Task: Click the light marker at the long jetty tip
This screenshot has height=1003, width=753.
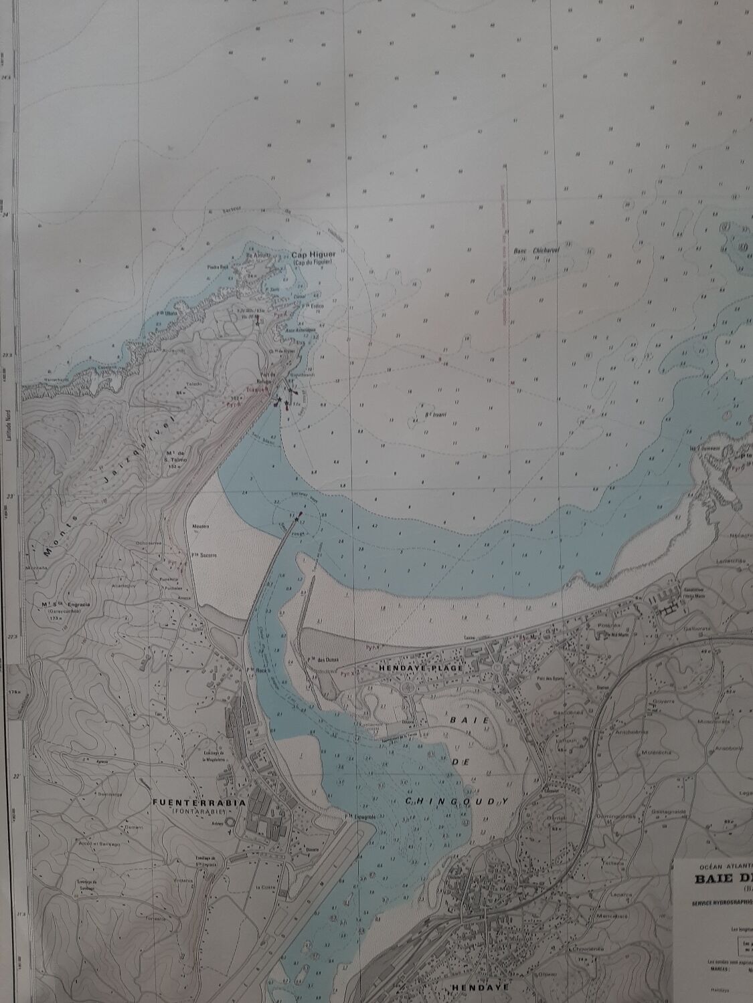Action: click(300, 514)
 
